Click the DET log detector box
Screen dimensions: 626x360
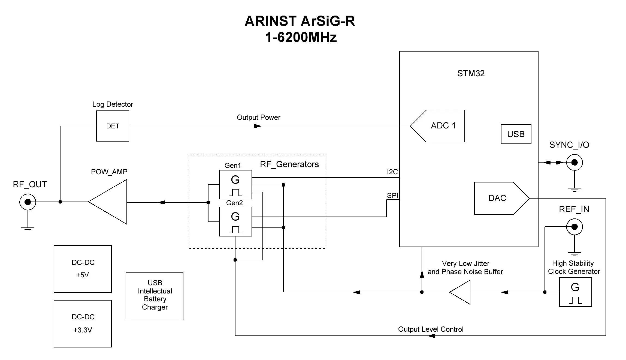[113, 126]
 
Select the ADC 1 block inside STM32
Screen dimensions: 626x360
[438, 126]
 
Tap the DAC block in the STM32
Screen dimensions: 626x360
[502, 198]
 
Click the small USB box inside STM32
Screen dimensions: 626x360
[516, 134]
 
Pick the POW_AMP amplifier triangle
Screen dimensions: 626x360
[108, 202]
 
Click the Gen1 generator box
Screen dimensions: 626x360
[235, 185]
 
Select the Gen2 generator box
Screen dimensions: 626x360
[235, 221]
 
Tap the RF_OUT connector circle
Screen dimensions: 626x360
[28, 202]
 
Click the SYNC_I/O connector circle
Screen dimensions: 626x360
[574, 163]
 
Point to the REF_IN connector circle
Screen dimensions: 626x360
[574, 227]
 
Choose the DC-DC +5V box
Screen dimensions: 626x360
[83, 269]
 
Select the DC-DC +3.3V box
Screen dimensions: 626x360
[83, 324]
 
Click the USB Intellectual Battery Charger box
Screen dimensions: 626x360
[155, 296]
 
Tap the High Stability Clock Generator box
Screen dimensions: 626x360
[575, 292]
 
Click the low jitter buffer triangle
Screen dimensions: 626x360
[460, 292]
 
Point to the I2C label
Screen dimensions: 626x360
[392, 172]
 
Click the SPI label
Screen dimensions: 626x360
[392, 195]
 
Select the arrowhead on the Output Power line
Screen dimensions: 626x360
[258, 126]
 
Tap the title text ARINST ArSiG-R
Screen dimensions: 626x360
[300, 21]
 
